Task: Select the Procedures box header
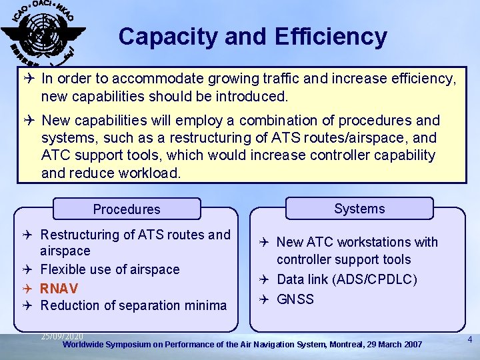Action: (127, 209)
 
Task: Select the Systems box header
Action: (359, 209)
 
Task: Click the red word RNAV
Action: (59, 288)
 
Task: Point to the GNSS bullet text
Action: (295, 299)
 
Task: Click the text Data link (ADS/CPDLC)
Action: (347, 279)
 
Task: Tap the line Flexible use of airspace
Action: (110, 269)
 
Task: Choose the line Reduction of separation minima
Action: (133, 305)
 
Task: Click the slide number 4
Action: (470, 340)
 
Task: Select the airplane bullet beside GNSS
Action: (264, 299)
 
